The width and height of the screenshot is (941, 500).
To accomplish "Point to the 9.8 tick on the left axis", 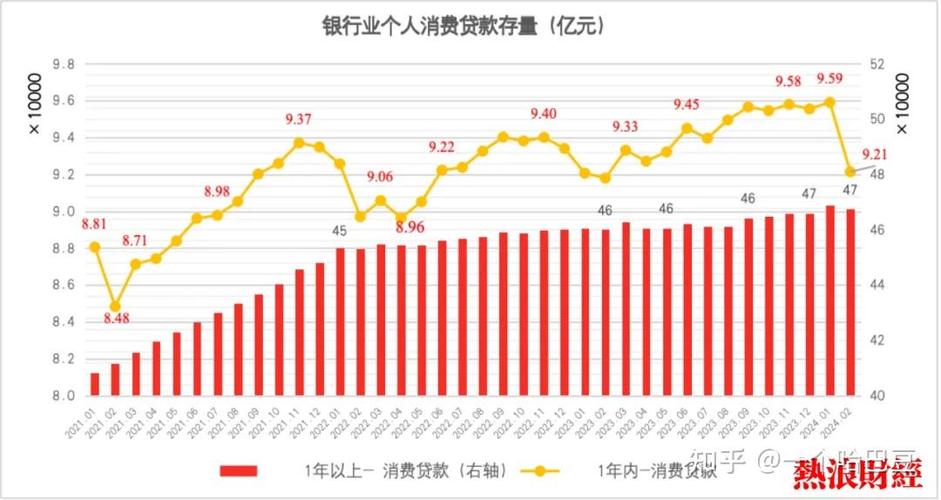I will tap(63, 64).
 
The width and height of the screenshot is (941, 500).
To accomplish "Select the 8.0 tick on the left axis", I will tap(63, 396).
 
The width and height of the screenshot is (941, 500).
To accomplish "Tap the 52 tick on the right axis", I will tap(879, 64).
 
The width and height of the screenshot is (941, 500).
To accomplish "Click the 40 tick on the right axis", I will tap(879, 396).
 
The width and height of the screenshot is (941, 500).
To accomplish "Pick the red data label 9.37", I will tap(298, 119).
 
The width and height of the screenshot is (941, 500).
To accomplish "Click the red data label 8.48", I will tap(115, 319).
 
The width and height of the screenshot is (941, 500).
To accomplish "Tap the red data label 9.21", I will tap(876, 154).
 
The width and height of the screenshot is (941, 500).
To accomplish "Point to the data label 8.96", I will tap(410, 228).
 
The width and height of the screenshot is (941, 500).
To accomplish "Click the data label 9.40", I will tap(544, 113).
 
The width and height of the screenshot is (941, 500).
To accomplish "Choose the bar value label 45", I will tap(340, 231).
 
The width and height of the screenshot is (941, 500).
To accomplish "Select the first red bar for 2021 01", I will tap(95, 384).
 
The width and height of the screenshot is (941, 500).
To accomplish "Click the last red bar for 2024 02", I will tap(850, 302).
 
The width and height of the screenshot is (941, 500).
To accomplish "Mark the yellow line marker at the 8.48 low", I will tap(115, 306).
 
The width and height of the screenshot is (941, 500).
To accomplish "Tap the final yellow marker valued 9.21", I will tap(850, 172).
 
